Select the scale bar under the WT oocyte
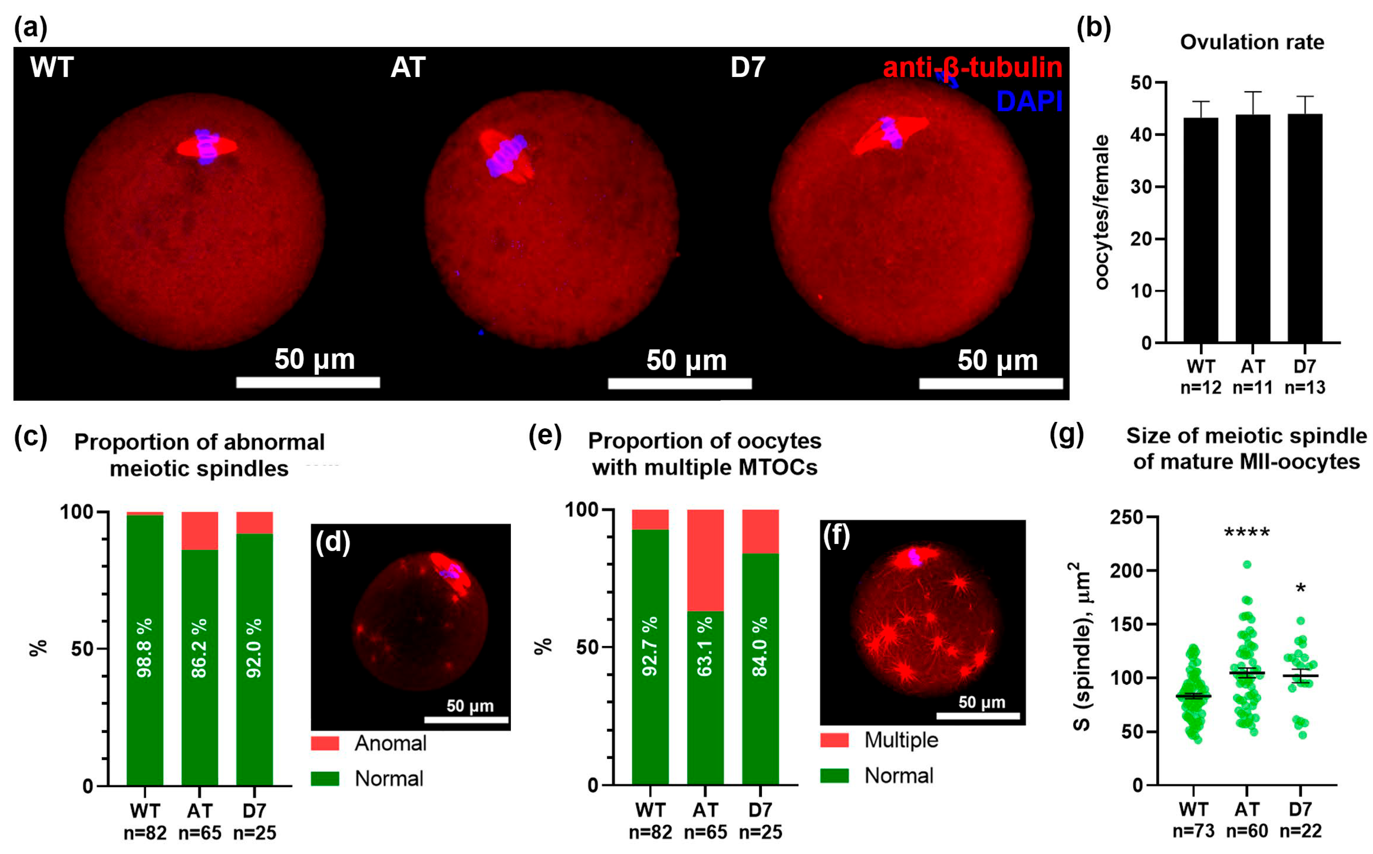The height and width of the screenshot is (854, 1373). click(x=308, y=383)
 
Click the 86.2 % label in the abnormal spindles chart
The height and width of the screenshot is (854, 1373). click(x=199, y=648)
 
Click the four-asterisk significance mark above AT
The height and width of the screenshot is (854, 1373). click(x=1246, y=533)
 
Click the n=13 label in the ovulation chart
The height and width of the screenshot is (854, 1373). click(x=1305, y=387)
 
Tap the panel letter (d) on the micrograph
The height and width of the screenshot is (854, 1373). click(x=333, y=542)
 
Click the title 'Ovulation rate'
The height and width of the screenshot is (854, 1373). click(x=1252, y=42)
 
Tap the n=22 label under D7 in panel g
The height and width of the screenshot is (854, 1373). click(x=1300, y=831)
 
